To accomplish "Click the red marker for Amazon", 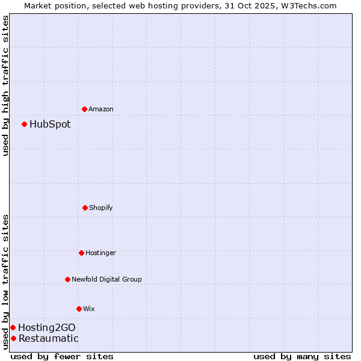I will pos(84,109).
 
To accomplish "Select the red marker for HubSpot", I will pos(24,124).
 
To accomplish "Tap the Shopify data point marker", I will pos(85,208).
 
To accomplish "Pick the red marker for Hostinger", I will pos(81,253).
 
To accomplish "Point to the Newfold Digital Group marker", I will pos(67,279).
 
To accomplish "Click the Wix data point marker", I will pos(79,309).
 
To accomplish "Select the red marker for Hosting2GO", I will pos(13,327).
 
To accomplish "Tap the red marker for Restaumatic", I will pos(13,338).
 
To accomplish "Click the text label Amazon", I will pos(101,109).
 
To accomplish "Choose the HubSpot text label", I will pos(50,124).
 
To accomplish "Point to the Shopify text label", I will pos(101,208).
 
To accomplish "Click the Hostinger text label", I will pos(100,253).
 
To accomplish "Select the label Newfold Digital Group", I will pos(106,279).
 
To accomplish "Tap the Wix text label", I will pos(89,309).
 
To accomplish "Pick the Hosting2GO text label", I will pos(47,327).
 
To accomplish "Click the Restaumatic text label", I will pos(48,338).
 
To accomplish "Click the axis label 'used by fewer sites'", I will pos(62,356).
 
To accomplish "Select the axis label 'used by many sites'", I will pos(302,356).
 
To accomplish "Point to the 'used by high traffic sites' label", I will pos(5,85).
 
